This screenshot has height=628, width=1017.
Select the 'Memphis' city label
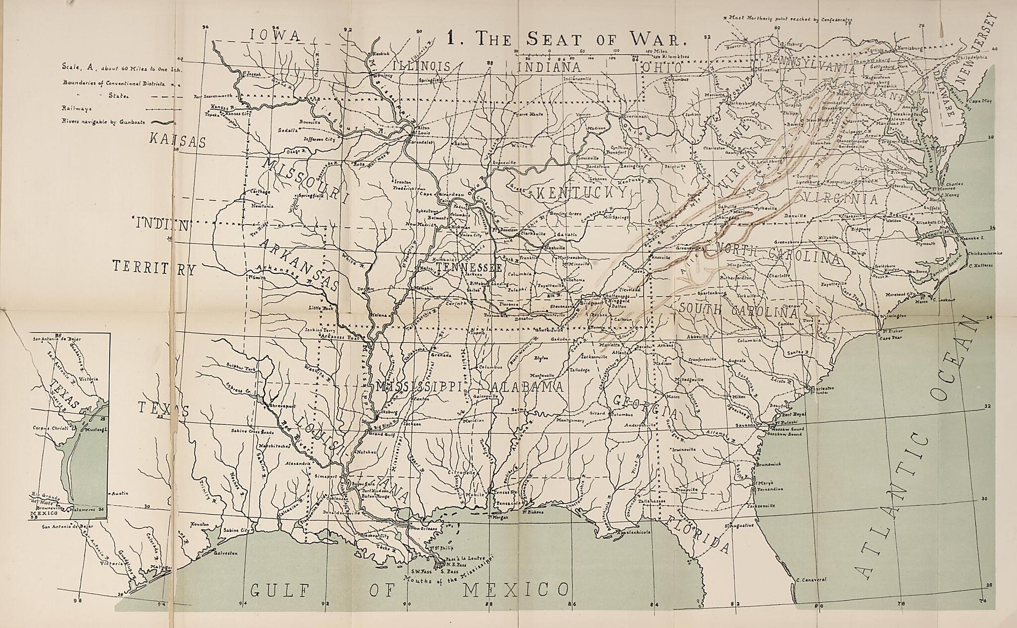pyautogui.click(x=422, y=288)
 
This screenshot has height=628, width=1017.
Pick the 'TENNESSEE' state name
pyautogui.click(x=468, y=267)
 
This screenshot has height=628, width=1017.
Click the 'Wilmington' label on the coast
pyautogui.click(x=892, y=315)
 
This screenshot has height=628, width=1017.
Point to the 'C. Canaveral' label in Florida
pyautogui.click(x=810, y=579)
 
